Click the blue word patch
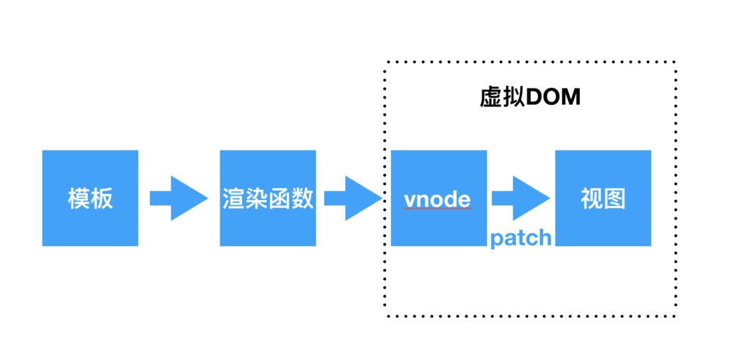521,238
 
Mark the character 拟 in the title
514,97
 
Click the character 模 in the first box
79,199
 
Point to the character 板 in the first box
102,199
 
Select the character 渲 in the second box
233,199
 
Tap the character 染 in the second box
256,199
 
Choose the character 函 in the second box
279,199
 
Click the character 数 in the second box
302,199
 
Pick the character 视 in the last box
591,199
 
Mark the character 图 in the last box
614,199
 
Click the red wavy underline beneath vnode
438,210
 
